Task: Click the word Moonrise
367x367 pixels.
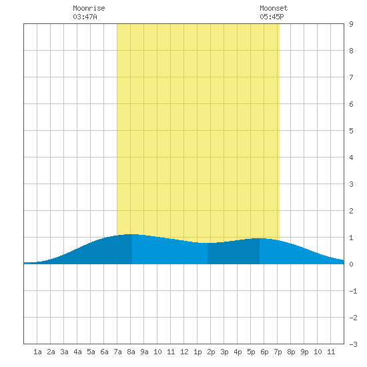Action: click(89, 8)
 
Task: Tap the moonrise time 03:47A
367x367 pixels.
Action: click(85, 17)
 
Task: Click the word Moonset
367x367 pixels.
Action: click(274, 8)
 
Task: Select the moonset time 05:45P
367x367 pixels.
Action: click(272, 17)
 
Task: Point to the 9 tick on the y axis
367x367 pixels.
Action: click(351, 24)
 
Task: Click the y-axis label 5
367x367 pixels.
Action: click(351, 131)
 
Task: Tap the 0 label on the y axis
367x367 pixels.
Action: click(351, 264)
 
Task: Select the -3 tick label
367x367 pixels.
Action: click(353, 344)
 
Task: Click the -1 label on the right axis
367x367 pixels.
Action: click(353, 291)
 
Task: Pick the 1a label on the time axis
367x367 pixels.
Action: click(37, 352)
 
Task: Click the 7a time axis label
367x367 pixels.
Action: click(117, 352)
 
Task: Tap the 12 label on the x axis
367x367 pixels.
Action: click(184, 352)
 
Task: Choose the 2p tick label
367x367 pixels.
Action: click(211, 352)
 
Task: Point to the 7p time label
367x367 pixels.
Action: click(278, 352)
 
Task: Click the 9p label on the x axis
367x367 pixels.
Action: click(304, 352)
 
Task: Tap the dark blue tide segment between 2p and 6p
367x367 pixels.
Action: click(234, 252)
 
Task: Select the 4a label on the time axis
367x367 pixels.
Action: click(77, 352)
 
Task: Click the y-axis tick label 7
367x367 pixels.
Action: click(351, 77)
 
